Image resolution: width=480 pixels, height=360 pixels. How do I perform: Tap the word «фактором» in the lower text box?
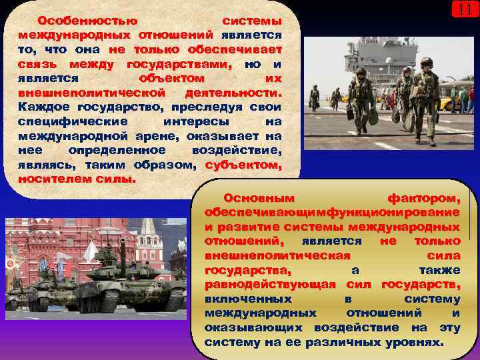click(x=423, y=198)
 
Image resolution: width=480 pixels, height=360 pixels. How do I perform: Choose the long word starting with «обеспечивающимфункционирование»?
click(x=332, y=212)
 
